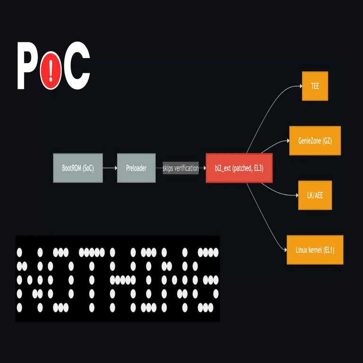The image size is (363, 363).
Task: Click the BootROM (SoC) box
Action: [x=78, y=168]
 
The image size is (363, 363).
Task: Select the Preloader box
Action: [x=136, y=168]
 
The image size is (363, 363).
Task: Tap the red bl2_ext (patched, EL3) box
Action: [x=239, y=168]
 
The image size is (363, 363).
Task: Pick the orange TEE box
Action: [x=315, y=86]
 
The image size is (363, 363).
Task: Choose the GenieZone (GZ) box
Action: [x=315, y=140]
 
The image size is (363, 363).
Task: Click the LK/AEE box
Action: [x=315, y=195]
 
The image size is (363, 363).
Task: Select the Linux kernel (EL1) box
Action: [x=315, y=250]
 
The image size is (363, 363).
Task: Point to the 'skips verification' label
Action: [x=181, y=168]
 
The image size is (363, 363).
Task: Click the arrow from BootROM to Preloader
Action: [x=110, y=168]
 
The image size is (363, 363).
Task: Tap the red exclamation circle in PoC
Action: [x=51, y=70]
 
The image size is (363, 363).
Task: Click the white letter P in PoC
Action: [x=27, y=66]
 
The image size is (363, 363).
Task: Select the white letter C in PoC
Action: [x=77, y=66]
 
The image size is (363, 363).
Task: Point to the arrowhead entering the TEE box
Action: [x=301, y=86]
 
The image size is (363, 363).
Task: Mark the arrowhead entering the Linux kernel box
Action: [x=285, y=250]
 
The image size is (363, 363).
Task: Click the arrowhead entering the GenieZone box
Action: [x=288, y=140]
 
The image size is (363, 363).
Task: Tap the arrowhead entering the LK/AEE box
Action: [x=297, y=195]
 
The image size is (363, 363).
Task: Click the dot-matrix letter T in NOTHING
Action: [x=92, y=280]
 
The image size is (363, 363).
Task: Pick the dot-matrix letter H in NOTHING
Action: [x=123, y=280]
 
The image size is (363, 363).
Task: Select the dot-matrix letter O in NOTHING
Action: [x=60, y=280]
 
